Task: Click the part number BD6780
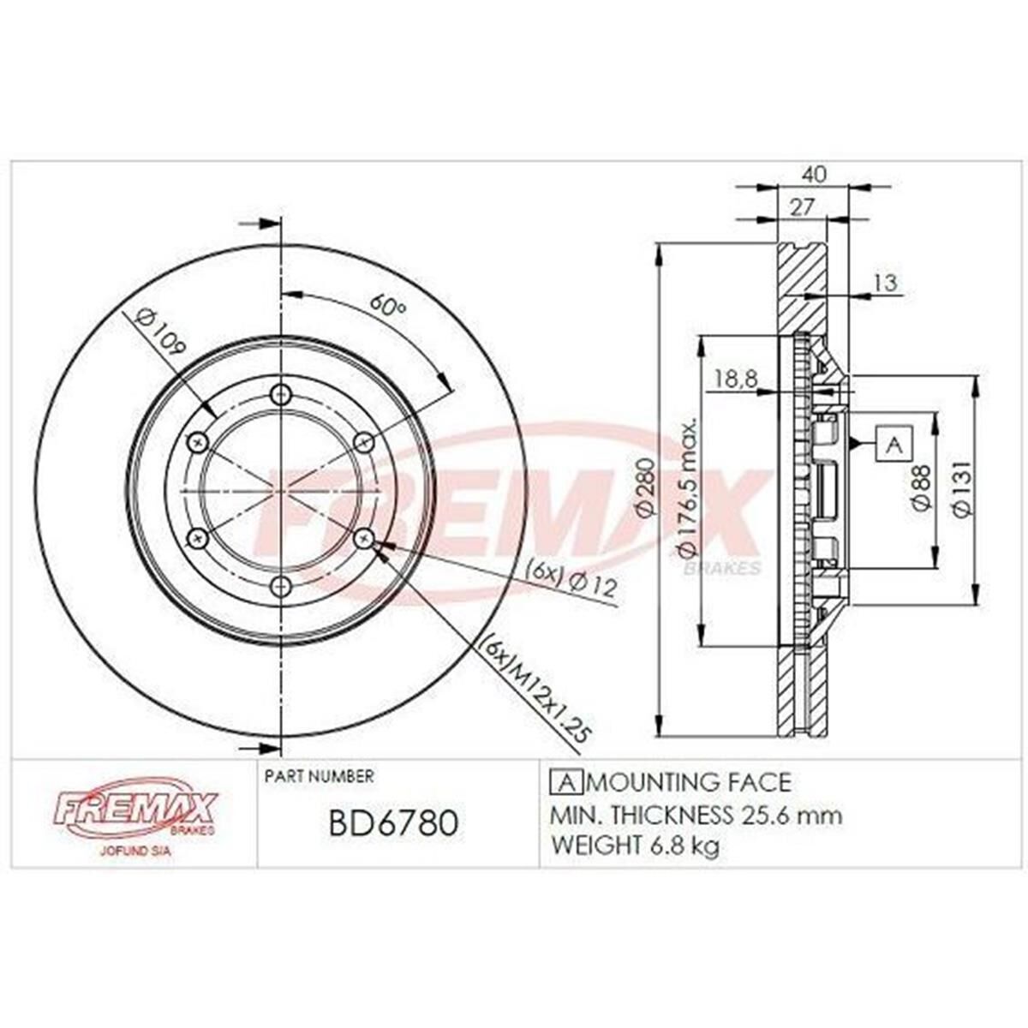click(x=393, y=824)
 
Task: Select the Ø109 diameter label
click(x=160, y=333)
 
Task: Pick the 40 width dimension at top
click(x=816, y=175)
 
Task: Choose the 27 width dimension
click(x=801, y=207)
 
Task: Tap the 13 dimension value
click(x=886, y=282)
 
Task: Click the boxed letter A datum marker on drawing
click(x=894, y=445)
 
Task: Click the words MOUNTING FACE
click(x=690, y=782)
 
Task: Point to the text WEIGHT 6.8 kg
click(x=635, y=846)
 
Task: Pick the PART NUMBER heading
click(x=319, y=776)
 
